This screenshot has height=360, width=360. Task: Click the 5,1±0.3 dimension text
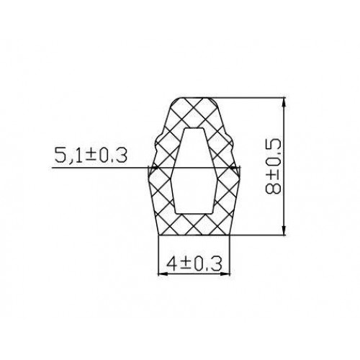tap(91, 156)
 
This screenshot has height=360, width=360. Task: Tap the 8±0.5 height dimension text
tap(273, 166)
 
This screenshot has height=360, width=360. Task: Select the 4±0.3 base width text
tap(194, 264)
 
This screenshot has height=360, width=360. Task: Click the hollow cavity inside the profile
tap(194, 171)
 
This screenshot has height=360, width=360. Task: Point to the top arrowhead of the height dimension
tap(284, 102)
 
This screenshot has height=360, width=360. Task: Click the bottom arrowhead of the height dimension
tap(284, 230)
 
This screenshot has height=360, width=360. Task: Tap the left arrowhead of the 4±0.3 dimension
tap(163, 274)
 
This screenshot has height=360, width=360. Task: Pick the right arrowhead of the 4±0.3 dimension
tap(225, 274)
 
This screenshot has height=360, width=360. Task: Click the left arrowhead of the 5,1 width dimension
tap(153, 168)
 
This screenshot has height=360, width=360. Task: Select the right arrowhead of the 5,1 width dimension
tap(235, 168)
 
